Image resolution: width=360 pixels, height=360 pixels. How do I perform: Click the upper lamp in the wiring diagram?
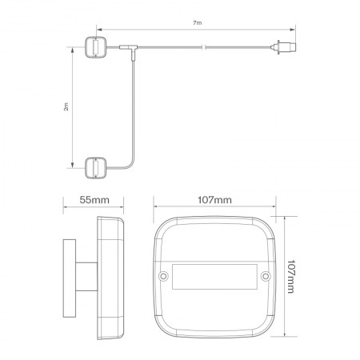96,46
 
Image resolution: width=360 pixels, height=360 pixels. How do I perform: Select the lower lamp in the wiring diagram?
96,167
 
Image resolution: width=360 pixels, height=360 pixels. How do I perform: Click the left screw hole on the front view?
165,277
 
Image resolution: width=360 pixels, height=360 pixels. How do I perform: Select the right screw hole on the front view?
264,277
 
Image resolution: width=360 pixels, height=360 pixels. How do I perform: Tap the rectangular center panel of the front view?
214,277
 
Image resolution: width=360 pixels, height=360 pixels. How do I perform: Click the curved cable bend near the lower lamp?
128,162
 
